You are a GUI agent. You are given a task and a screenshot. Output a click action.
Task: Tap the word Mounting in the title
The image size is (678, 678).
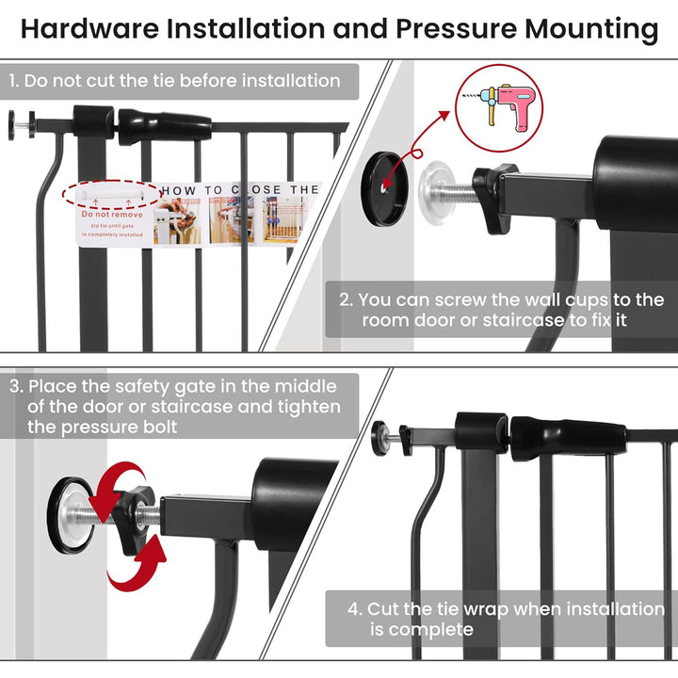(591, 28)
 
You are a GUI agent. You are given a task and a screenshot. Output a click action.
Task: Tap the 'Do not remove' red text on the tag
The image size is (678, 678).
(112, 215)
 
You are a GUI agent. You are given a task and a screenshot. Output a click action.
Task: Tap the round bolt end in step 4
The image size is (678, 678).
(382, 435)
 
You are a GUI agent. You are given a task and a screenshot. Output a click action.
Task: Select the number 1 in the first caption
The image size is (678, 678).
(13, 81)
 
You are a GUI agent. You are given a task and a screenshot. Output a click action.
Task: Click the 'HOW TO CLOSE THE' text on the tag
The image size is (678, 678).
(239, 190)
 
